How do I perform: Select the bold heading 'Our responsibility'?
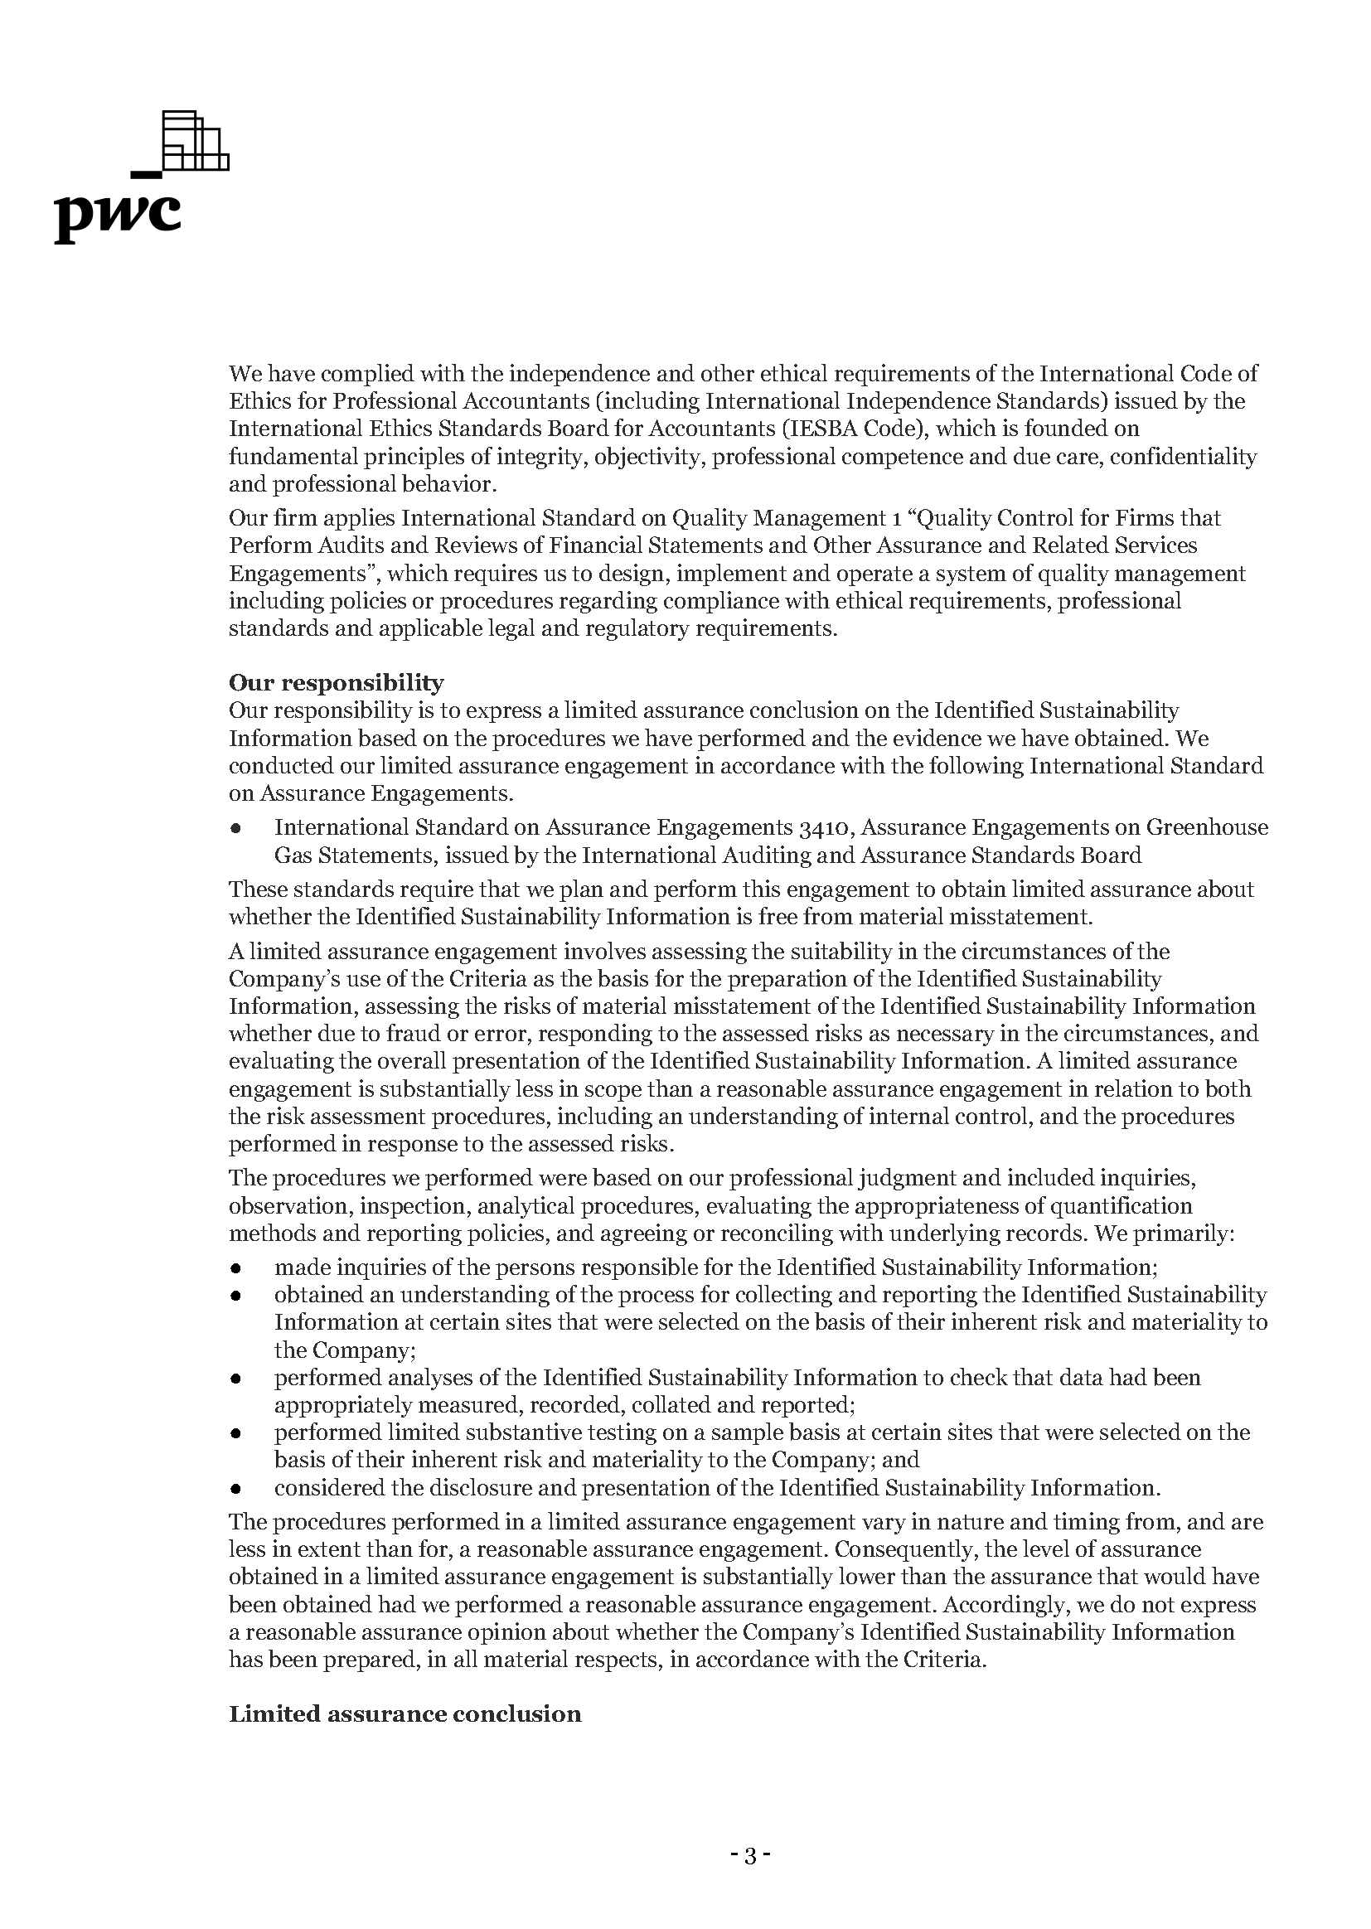(336, 682)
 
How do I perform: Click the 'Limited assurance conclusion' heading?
(405, 1713)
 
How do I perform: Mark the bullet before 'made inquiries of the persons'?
(237, 1269)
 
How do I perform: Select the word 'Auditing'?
(811, 855)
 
